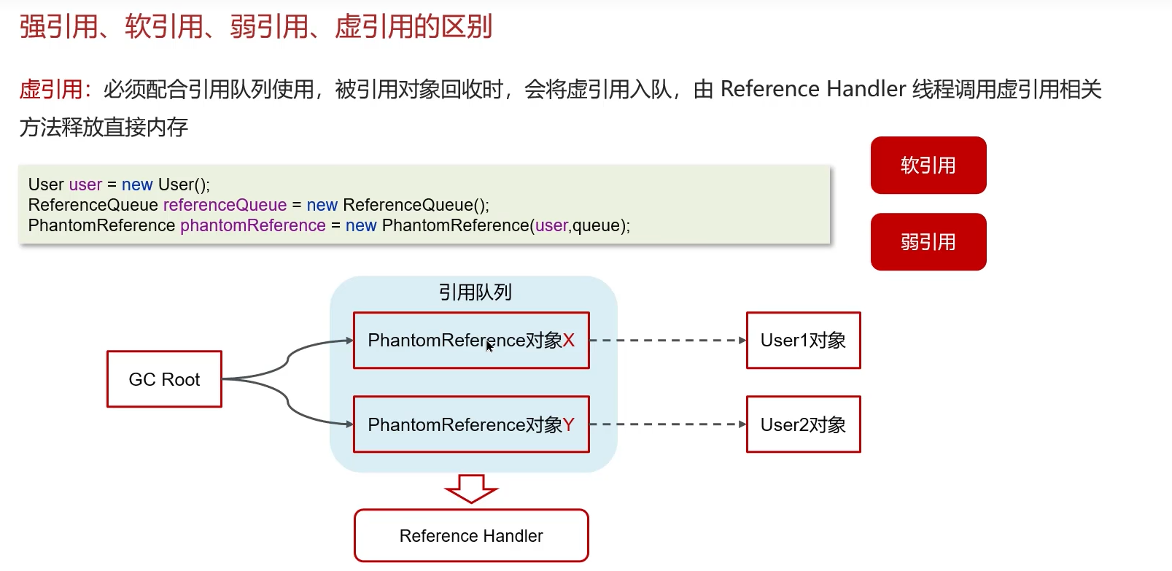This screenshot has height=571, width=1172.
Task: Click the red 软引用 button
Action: [x=928, y=166]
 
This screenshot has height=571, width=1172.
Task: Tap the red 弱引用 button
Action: [x=928, y=242]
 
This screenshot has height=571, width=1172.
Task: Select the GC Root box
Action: [x=164, y=379]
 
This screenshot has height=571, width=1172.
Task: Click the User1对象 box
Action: [x=803, y=341]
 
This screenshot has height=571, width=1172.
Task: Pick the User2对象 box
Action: [x=803, y=424]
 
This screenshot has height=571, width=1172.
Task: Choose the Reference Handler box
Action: [x=471, y=536]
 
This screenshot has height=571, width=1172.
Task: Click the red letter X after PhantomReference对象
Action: [x=569, y=341]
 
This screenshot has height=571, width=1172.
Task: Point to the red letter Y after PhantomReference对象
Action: [x=569, y=424]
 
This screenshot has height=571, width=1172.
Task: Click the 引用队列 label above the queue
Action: [x=475, y=292]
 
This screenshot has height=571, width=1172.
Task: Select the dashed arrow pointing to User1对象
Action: [x=667, y=341]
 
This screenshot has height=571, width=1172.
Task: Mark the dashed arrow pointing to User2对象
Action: [x=667, y=424]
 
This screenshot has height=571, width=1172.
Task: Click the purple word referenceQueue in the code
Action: [x=225, y=205]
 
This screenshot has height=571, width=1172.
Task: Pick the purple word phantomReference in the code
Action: [x=252, y=225]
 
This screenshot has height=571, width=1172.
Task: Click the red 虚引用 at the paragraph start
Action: [x=50, y=90]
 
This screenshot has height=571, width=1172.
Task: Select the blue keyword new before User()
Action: [x=137, y=184]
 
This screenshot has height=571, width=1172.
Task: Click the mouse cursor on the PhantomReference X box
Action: [x=489, y=346]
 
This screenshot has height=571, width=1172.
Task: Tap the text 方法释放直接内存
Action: [x=104, y=128]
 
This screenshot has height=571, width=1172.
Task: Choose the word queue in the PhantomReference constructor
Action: [x=596, y=225]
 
